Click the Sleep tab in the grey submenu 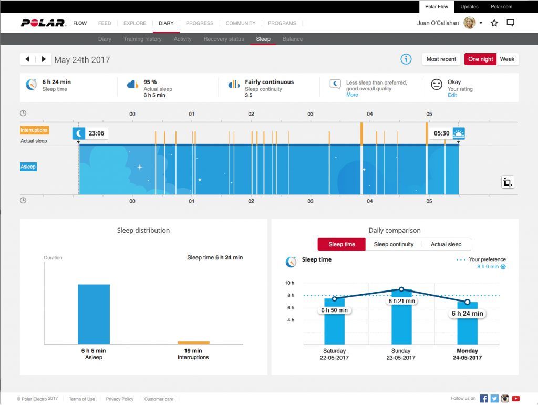(263, 39)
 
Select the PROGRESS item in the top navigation (200, 23)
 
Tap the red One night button (480, 59)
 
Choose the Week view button (507, 59)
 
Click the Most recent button (441, 59)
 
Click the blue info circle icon (406, 59)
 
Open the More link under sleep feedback (352, 95)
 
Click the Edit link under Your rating (452, 95)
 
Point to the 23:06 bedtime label (96, 133)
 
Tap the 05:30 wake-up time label (441, 133)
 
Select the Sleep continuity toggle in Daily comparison (394, 244)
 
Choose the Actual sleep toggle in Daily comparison (446, 244)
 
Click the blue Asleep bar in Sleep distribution (94, 314)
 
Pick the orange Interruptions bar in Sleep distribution (193, 342)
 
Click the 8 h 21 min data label (401, 301)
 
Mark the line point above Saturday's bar (335, 299)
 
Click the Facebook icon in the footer (483, 399)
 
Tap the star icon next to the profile (494, 23)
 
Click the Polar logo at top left (43, 23)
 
